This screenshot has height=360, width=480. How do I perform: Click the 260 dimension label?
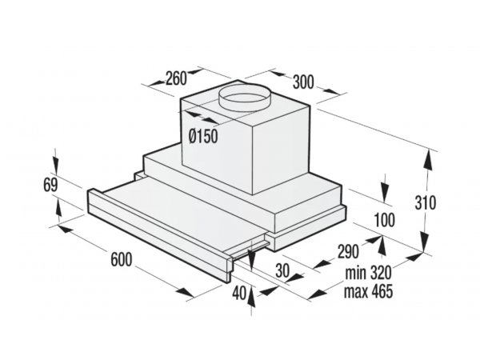(x=176, y=78)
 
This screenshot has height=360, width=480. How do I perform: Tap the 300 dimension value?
(x=303, y=82)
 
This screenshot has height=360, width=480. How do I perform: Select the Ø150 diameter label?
(x=203, y=136)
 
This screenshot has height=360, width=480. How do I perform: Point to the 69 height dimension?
(x=50, y=185)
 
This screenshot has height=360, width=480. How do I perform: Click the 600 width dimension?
(x=122, y=259)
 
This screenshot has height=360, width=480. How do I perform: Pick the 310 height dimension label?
(x=426, y=202)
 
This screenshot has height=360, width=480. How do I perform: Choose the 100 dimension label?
(x=385, y=220)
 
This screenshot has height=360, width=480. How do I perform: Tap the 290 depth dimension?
(x=348, y=251)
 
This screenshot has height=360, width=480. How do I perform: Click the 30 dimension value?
(x=282, y=270)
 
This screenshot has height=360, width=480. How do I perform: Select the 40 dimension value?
(x=239, y=294)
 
